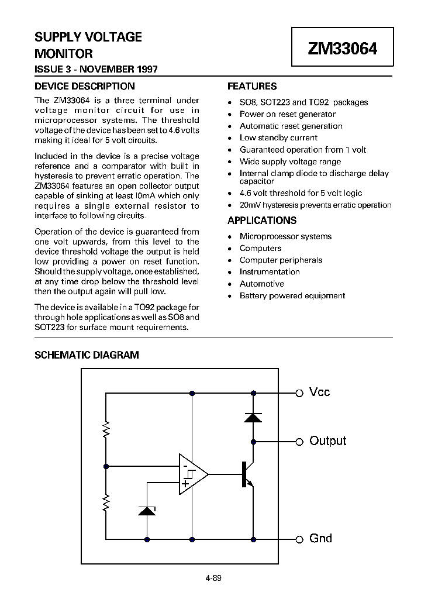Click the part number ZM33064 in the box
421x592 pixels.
343,49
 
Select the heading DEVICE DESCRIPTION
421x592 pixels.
80,86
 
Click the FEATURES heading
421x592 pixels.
251,86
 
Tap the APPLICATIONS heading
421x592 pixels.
261,221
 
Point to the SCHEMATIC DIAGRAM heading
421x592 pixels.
87,355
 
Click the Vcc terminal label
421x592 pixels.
319,392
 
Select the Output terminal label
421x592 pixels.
327,441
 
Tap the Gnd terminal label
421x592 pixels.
320,538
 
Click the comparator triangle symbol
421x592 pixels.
192,474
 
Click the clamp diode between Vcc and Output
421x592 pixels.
253,417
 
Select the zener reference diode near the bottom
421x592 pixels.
147,510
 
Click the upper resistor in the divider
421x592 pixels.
106,431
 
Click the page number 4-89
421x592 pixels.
213,579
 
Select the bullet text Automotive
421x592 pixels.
261,284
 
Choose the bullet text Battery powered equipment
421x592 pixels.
292,295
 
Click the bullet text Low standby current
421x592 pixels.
278,137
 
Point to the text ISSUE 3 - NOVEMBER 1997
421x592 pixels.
96,69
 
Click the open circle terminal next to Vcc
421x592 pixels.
299,393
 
